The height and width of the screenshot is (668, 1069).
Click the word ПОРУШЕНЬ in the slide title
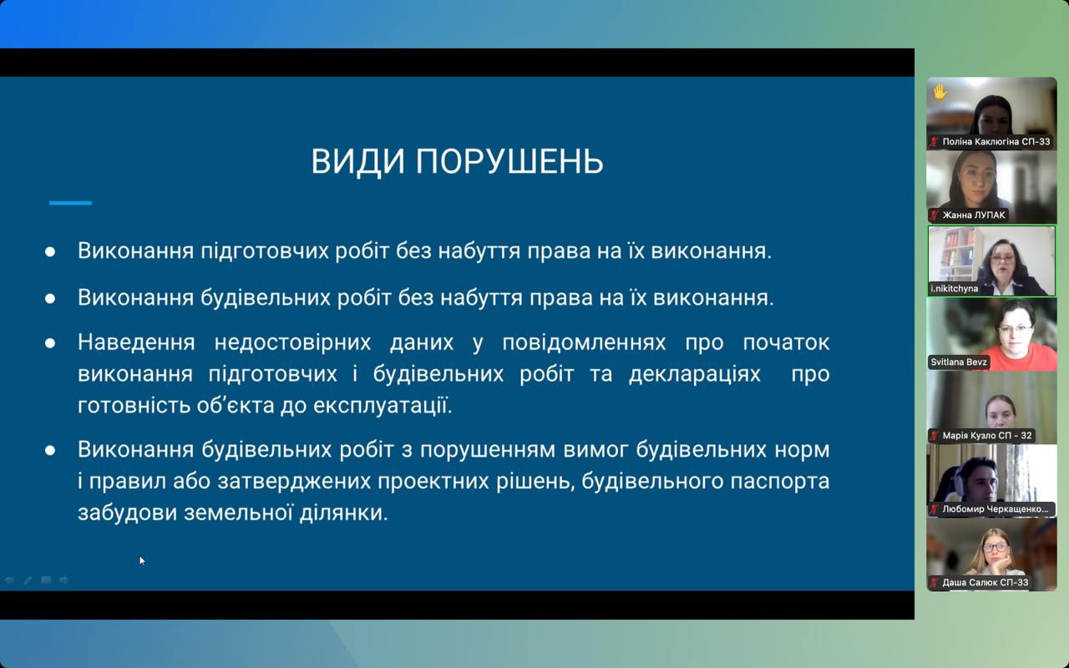point(509,161)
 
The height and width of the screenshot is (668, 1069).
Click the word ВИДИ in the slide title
point(358,161)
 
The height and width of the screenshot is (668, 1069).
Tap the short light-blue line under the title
point(71,203)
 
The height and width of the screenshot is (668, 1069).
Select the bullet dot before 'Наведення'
point(50,343)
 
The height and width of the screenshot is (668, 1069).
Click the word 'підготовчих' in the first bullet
point(265,251)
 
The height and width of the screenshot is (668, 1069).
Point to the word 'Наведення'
point(136,342)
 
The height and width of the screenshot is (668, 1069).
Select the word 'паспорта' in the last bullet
point(780,482)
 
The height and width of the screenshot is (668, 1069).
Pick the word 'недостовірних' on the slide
point(292,343)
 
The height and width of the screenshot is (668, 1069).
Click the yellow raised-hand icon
point(940,91)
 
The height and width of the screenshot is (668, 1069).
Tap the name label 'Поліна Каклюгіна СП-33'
point(996,142)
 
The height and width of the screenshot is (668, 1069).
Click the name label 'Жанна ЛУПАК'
point(974,215)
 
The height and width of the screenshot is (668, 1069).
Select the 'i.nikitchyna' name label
point(954,289)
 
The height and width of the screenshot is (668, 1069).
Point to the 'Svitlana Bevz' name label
point(958,362)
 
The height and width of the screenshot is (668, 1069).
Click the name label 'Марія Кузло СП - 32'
point(987,436)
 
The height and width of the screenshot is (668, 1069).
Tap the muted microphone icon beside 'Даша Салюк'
point(935,583)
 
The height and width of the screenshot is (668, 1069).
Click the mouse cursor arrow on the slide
point(142,560)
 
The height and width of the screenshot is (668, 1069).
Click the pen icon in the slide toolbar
point(28,580)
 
